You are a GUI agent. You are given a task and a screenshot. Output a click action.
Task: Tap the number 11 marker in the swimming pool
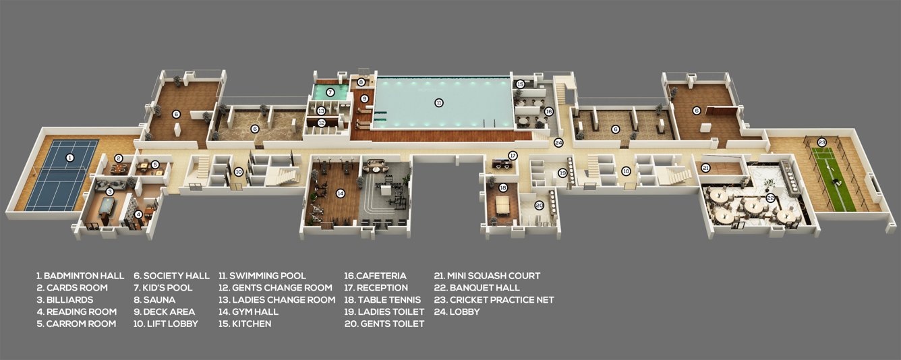(438, 102)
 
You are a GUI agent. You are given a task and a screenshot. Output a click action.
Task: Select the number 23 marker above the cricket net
(821, 142)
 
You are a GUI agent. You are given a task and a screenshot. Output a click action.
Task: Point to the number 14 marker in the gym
(341, 193)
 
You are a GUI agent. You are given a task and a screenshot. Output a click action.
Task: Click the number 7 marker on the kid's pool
(330, 92)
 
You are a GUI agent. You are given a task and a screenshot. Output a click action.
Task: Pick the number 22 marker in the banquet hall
(770, 199)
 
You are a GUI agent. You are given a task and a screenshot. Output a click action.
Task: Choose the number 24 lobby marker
(558, 142)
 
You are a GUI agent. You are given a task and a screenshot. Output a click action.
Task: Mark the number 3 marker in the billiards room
(109, 191)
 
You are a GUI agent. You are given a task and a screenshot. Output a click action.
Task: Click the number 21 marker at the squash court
(706, 167)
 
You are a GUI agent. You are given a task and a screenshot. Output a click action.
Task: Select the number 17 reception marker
(513, 155)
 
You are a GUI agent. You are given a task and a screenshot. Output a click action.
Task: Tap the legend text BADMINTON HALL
(80, 276)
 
